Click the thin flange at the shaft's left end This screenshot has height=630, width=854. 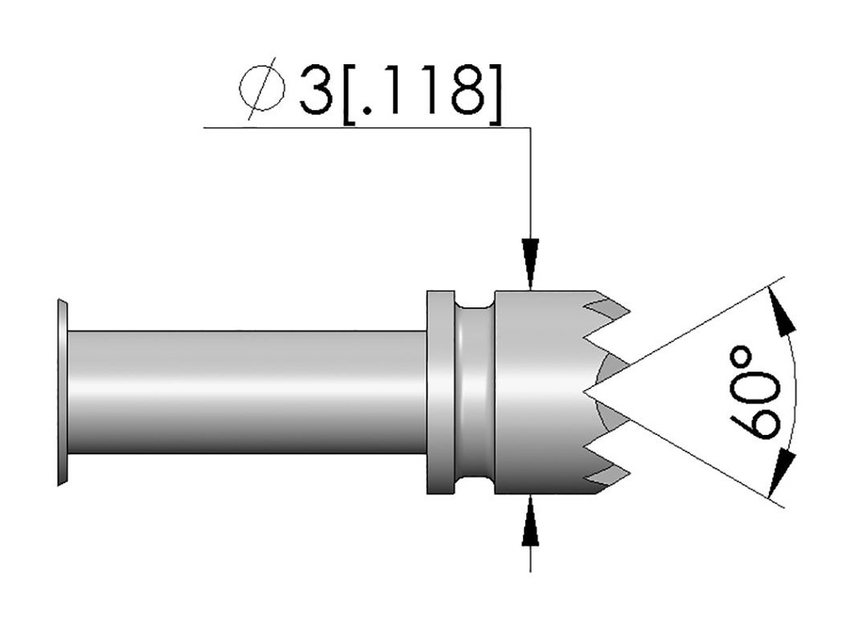[63, 392]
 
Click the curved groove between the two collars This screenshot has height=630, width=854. [475, 392]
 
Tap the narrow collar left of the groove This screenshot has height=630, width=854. [440, 392]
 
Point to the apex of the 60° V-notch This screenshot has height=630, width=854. [585, 391]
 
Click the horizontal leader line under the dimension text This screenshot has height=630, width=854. [367, 127]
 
